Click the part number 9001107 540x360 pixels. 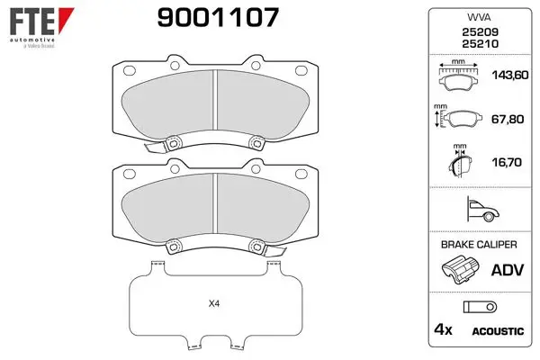218,17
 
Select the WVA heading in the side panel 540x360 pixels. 479,17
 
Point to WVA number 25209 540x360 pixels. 480,32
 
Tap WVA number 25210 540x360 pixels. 480,44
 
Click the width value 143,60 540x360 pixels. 510,75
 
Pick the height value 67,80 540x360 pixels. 508,119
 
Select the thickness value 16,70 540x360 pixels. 507,162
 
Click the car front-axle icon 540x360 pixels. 482,209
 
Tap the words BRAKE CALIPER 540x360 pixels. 479,245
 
